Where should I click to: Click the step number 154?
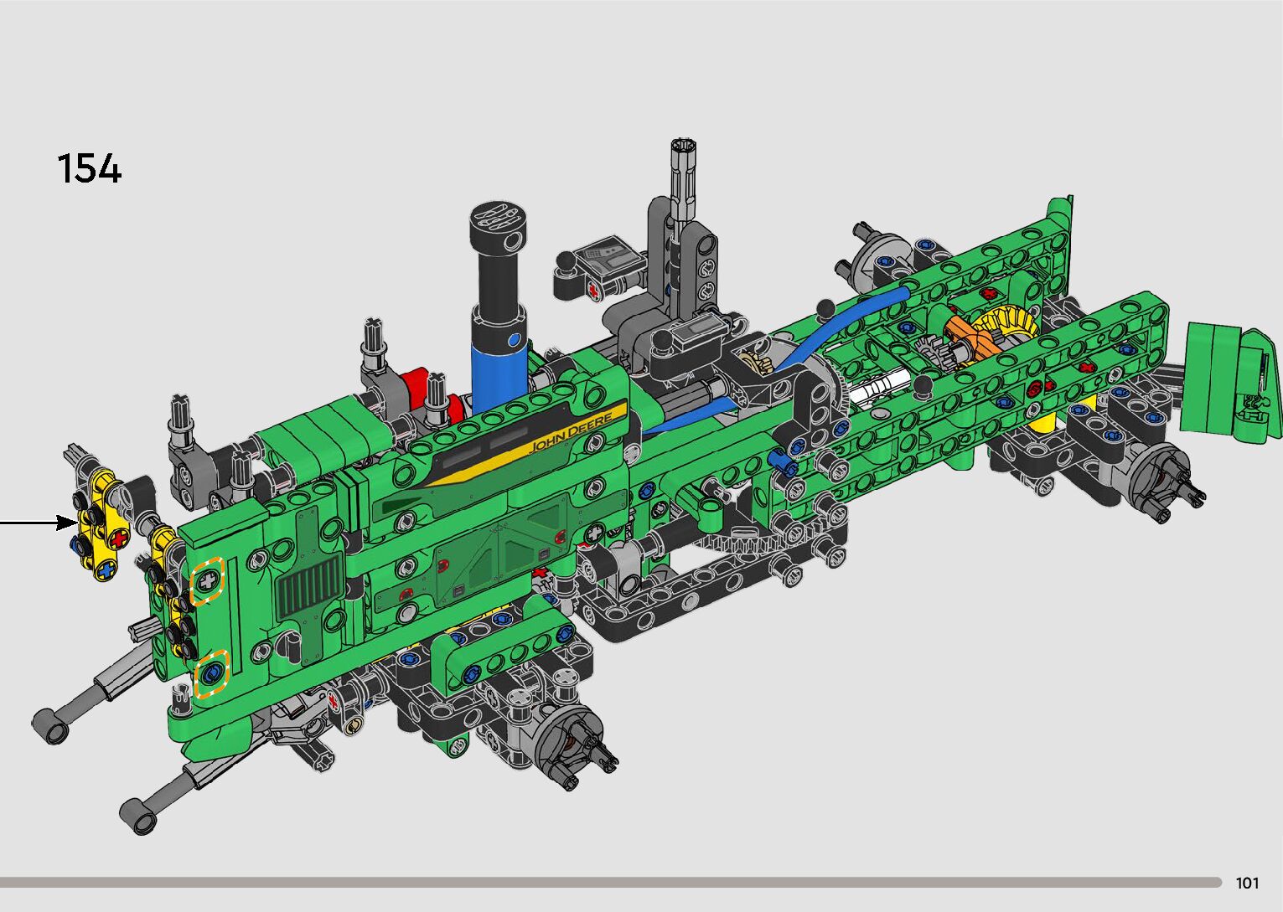click(x=90, y=168)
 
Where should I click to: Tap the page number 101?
click(x=1248, y=883)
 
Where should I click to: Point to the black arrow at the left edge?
click(x=39, y=522)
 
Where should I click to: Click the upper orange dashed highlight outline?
click(x=207, y=581)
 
